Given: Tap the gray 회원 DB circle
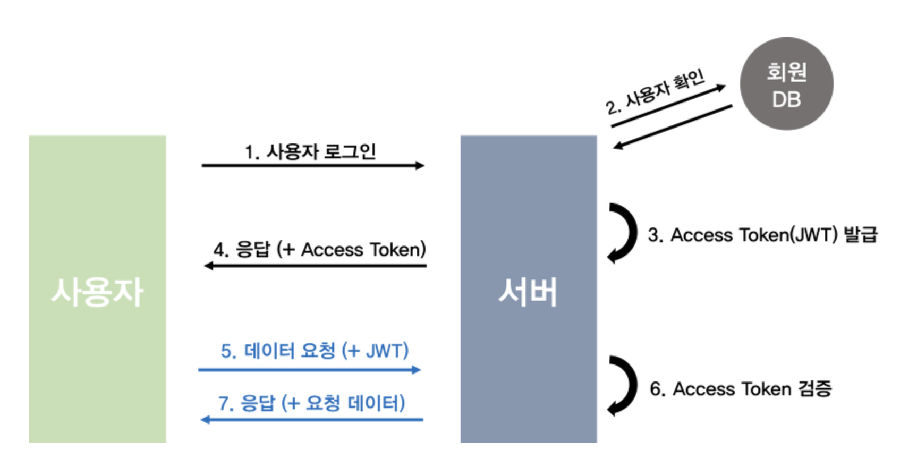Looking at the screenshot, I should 786,84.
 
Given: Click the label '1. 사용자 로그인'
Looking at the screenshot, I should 310,152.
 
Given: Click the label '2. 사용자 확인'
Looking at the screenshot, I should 655,91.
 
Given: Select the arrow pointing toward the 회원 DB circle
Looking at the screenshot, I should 668,106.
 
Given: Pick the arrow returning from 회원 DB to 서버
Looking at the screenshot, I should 673,126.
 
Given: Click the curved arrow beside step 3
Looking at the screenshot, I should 624,233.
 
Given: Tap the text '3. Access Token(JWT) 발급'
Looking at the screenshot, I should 762,235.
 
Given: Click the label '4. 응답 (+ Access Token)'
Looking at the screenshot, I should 320,249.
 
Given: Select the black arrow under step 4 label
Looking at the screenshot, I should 316,265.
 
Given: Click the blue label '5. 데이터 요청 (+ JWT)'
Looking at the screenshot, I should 315,351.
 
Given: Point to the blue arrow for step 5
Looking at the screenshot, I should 309,369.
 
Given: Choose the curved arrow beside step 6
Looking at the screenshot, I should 624,386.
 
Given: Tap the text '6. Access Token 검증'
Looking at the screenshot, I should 741,389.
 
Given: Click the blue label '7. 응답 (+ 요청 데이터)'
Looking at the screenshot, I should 312,403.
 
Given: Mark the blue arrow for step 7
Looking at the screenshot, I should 312,420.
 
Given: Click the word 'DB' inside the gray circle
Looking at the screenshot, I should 786,99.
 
